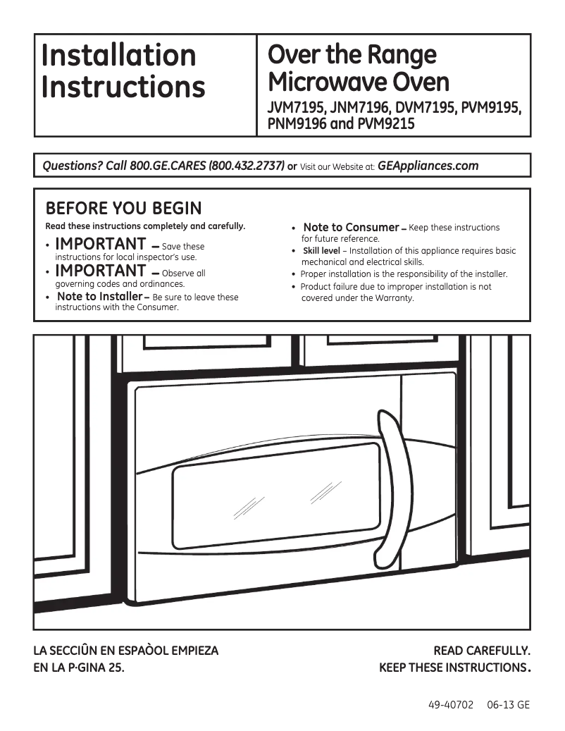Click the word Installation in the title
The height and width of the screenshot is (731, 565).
(118, 55)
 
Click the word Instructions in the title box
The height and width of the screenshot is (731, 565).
(123, 87)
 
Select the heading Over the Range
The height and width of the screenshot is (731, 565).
(353, 54)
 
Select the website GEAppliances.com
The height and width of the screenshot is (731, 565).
(428, 166)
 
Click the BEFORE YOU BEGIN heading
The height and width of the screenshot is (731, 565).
(123, 209)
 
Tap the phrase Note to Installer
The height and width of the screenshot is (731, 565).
(99, 297)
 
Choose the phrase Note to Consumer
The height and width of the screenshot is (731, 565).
(351, 227)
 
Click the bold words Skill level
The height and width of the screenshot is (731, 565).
(321, 251)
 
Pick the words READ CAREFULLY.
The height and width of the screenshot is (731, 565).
(481, 651)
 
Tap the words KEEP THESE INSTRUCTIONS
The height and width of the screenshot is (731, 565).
(449, 668)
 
